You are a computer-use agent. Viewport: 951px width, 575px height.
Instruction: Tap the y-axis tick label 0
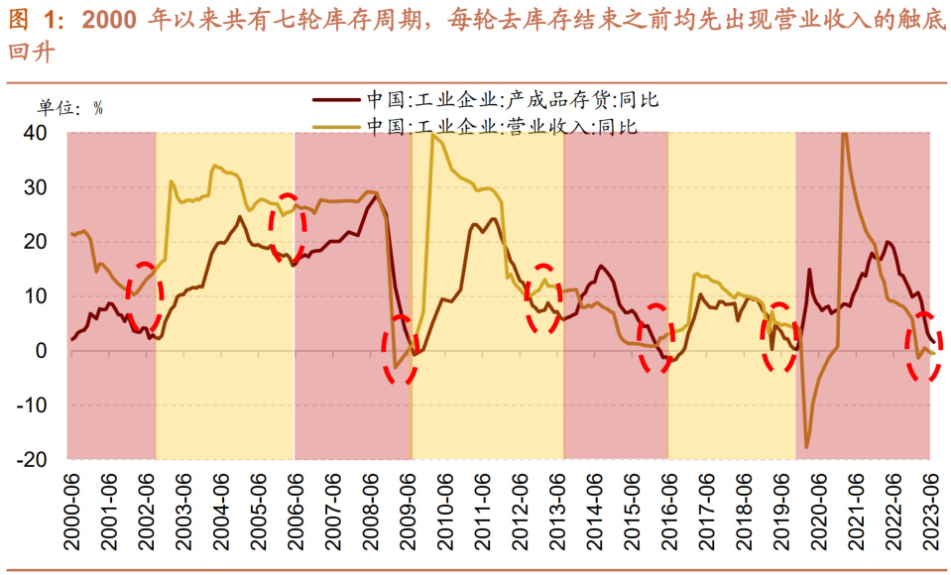42,351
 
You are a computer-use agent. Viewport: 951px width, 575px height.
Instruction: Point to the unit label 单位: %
70,109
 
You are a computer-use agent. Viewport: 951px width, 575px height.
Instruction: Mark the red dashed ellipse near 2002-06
147,294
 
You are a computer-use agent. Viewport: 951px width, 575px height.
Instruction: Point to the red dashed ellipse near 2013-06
542,297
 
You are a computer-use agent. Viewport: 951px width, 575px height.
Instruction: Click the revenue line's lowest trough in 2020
806,447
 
